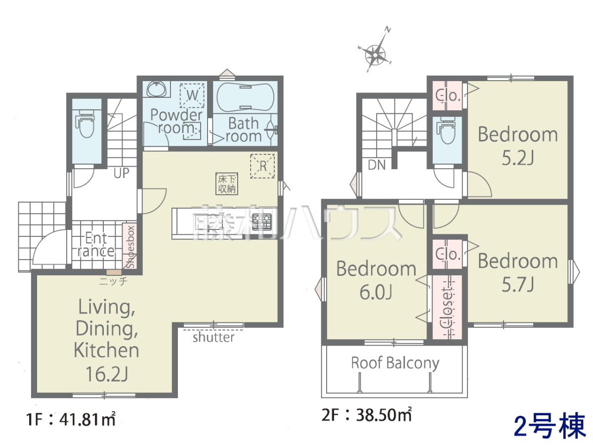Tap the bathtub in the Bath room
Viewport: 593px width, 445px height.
point(245,97)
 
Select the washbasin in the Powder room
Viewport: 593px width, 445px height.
point(157,89)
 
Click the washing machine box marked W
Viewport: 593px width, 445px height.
point(192,95)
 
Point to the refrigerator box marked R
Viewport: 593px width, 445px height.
point(262,166)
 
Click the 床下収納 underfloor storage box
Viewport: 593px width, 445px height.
point(227,184)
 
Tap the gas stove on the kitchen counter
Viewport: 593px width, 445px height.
point(262,222)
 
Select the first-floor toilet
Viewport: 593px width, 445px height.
point(86,124)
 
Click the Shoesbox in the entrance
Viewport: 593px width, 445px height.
point(129,246)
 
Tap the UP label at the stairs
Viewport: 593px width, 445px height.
point(121,173)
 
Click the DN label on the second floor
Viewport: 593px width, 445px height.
point(377,165)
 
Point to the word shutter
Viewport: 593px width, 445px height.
point(213,337)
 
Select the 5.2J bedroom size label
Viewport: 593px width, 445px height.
point(517,158)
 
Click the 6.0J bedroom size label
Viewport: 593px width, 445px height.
point(376,292)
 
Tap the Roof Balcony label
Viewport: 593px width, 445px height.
point(395,363)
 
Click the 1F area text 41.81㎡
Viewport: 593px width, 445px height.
point(87,420)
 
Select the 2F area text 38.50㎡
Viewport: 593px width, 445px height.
point(383,415)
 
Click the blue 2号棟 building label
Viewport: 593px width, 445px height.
point(549,426)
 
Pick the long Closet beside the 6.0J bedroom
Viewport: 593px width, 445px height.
point(447,307)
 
